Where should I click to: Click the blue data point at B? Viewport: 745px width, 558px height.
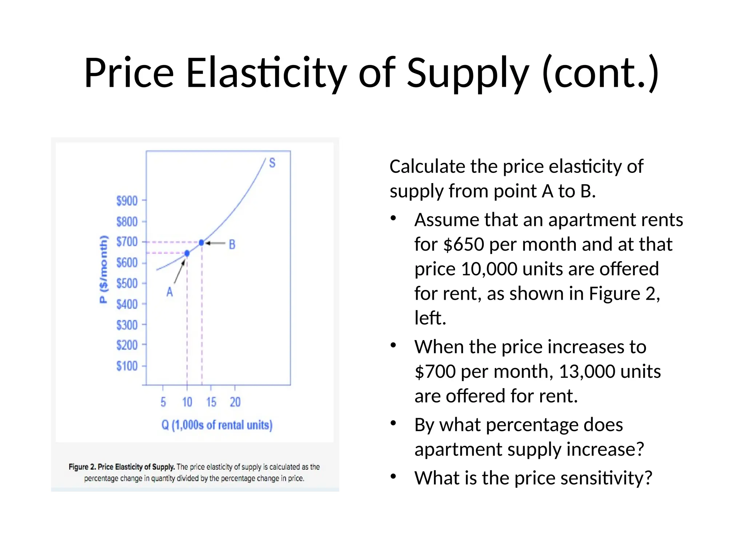[x=202, y=242]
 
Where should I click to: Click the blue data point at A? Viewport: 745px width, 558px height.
[x=187, y=253]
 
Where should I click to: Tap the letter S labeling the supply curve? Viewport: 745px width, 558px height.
[x=272, y=163]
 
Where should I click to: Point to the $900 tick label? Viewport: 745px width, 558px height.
[x=127, y=201]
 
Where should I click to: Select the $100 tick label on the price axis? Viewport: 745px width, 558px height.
[x=127, y=365]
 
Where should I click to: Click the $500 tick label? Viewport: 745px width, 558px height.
[x=127, y=283]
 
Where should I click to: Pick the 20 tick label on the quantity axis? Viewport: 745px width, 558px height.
[x=235, y=402]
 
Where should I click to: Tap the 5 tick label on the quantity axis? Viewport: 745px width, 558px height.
[x=163, y=402]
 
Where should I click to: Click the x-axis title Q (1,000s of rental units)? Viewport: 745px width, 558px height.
[x=217, y=425]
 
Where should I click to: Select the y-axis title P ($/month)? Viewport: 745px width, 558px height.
[x=104, y=269]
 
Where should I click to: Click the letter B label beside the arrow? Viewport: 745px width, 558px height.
[x=232, y=244]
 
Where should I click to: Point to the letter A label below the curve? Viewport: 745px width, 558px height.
[x=170, y=292]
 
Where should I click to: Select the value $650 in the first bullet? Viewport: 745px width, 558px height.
[x=464, y=244]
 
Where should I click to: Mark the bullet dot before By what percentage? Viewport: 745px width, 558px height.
[x=393, y=423]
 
